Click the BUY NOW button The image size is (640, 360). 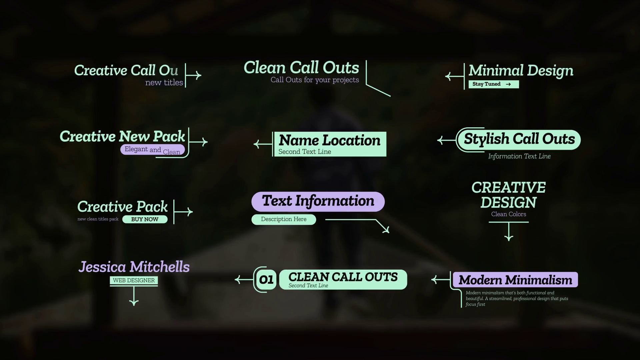[x=145, y=219]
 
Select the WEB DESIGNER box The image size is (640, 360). [x=134, y=280]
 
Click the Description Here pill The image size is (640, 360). [x=284, y=219]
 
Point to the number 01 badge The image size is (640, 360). [x=266, y=280]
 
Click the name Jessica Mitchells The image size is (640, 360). [x=134, y=267]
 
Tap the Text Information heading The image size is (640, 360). [x=318, y=201]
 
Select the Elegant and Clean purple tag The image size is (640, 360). [x=153, y=150]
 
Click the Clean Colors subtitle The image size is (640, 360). [x=508, y=214]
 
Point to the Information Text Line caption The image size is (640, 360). [x=519, y=156]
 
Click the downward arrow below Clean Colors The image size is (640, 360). [x=509, y=232]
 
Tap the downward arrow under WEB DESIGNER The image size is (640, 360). [x=134, y=297]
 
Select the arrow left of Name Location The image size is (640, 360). [x=263, y=144]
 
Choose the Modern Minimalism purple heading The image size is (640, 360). [x=515, y=280]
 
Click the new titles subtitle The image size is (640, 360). [x=164, y=83]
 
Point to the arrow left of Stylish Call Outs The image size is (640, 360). [x=446, y=140]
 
